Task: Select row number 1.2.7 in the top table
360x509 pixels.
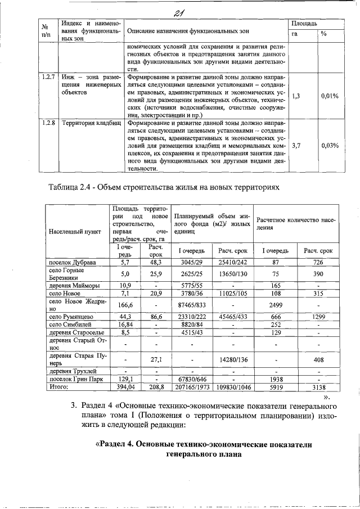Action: click(48, 75)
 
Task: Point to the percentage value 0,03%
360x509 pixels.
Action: click(330, 145)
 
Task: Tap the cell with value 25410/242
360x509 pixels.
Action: click(229, 262)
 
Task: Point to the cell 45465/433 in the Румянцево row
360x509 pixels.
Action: click(229, 317)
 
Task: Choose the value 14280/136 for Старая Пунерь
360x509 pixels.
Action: click(229, 358)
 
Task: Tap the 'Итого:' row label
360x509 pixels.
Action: click(58, 387)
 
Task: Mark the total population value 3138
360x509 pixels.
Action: click(318, 387)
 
